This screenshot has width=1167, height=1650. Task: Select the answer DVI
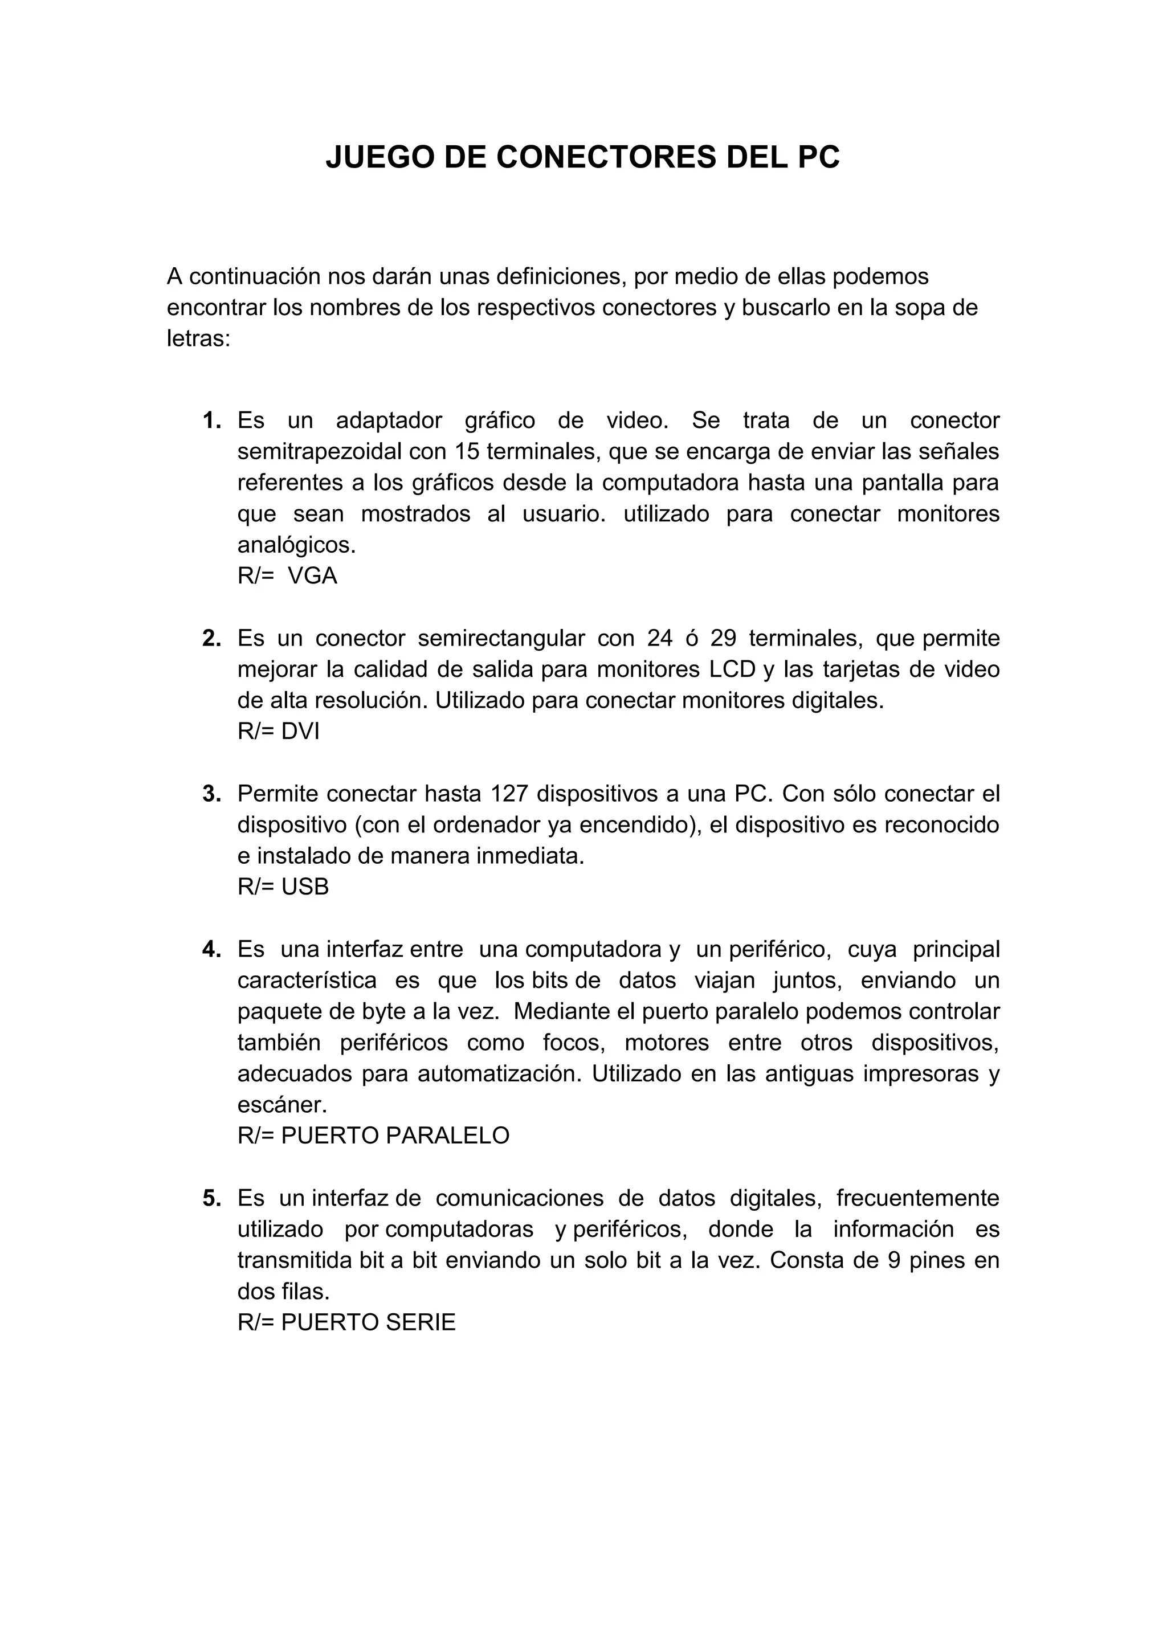tap(300, 732)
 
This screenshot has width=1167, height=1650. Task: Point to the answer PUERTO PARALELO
tap(395, 1136)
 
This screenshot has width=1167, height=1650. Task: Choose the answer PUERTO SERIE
tap(368, 1322)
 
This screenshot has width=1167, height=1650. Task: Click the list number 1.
tap(211, 420)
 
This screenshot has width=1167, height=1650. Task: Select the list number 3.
tap(211, 794)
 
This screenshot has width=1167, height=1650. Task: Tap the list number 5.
tap(211, 1199)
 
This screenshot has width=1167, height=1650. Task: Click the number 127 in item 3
tap(509, 794)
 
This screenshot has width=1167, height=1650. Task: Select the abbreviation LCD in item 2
tap(732, 670)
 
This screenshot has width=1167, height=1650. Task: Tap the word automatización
tap(501, 1073)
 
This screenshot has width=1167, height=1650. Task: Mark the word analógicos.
tap(296, 545)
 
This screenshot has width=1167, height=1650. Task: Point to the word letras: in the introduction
tap(198, 338)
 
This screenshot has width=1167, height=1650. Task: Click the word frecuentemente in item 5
tap(917, 1199)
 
